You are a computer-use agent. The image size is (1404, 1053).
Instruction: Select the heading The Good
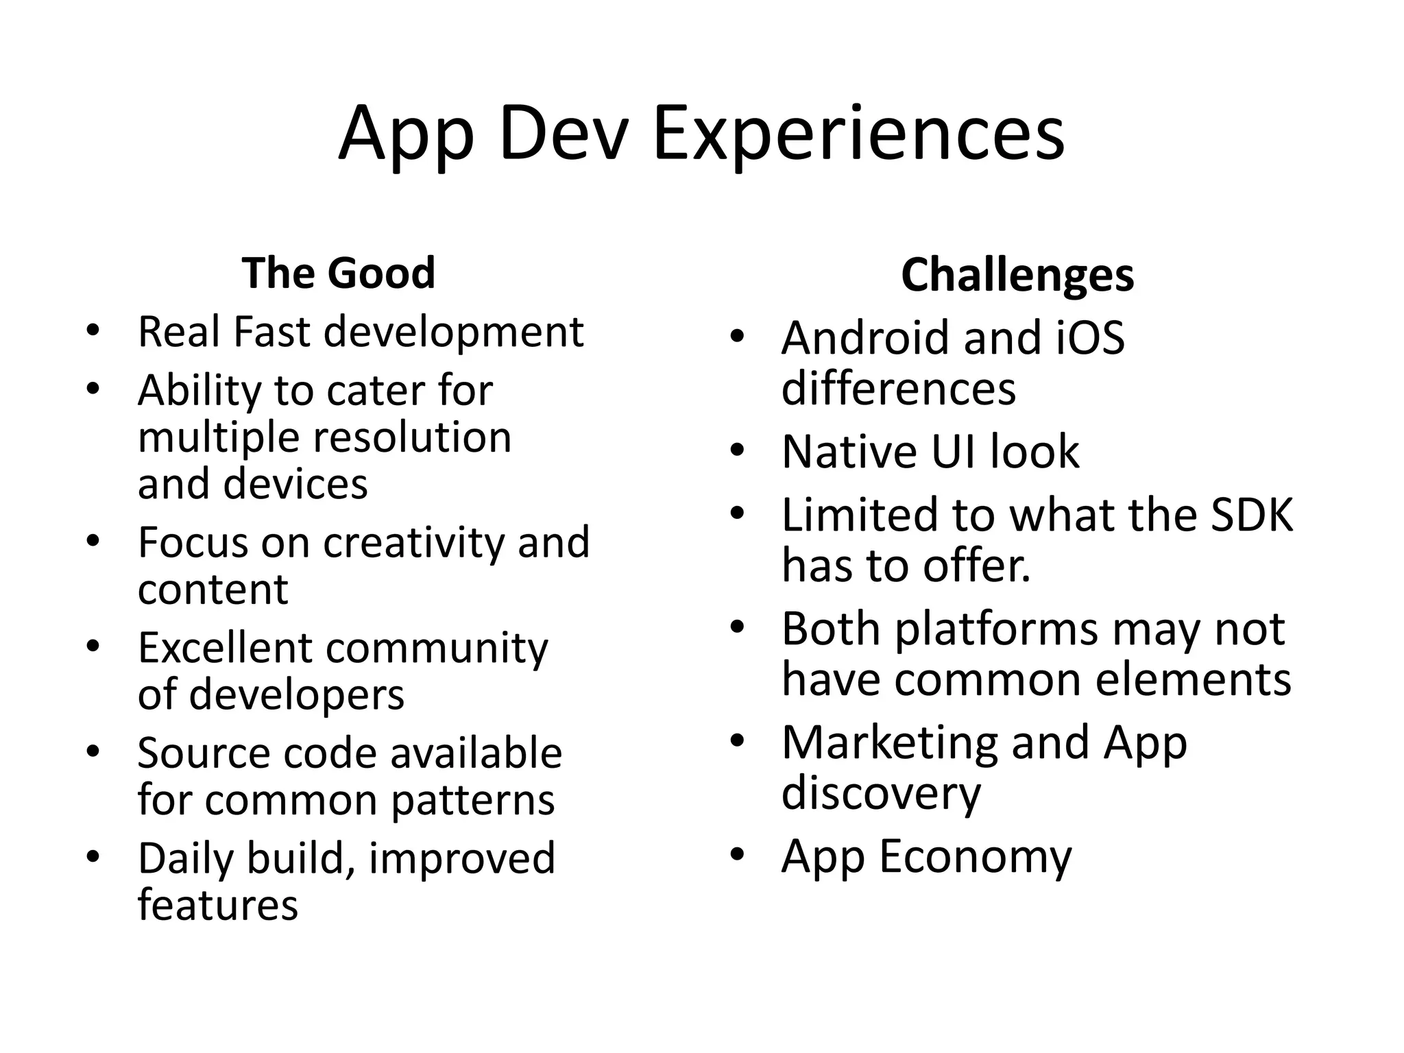(x=339, y=273)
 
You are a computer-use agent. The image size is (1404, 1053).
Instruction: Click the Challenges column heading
(x=1017, y=275)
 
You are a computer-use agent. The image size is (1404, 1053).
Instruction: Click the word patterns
(x=472, y=800)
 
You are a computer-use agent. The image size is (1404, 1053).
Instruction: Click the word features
(x=218, y=905)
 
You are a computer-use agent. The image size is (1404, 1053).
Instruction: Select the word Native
(x=849, y=452)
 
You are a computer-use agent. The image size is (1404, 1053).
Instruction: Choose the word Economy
(x=976, y=857)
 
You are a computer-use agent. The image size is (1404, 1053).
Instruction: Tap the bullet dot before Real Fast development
(x=93, y=330)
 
